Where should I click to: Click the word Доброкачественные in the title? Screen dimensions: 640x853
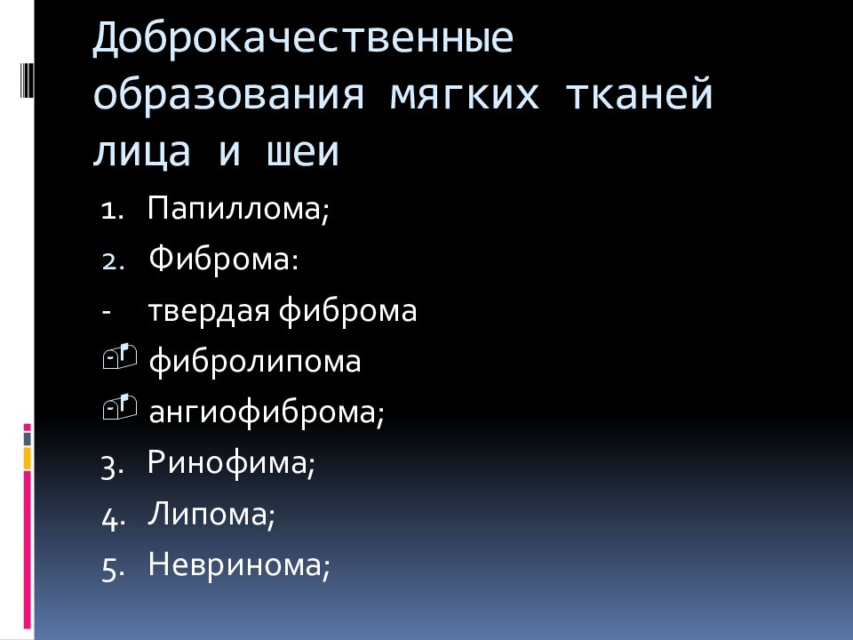pyautogui.click(x=303, y=43)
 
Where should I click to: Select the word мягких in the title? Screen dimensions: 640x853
pyautogui.click(x=463, y=97)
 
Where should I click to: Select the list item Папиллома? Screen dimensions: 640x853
pyautogui.click(x=238, y=211)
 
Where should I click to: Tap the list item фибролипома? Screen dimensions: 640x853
pyautogui.click(x=254, y=363)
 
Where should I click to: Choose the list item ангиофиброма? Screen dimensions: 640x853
pyautogui.click(x=267, y=413)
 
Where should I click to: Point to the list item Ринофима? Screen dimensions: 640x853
pyautogui.click(x=231, y=463)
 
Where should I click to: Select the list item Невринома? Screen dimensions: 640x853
pyautogui.click(x=239, y=565)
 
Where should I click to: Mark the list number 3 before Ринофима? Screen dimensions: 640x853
pyautogui.click(x=110, y=467)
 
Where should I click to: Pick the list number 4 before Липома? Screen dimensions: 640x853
pyautogui.click(x=110, y=517)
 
